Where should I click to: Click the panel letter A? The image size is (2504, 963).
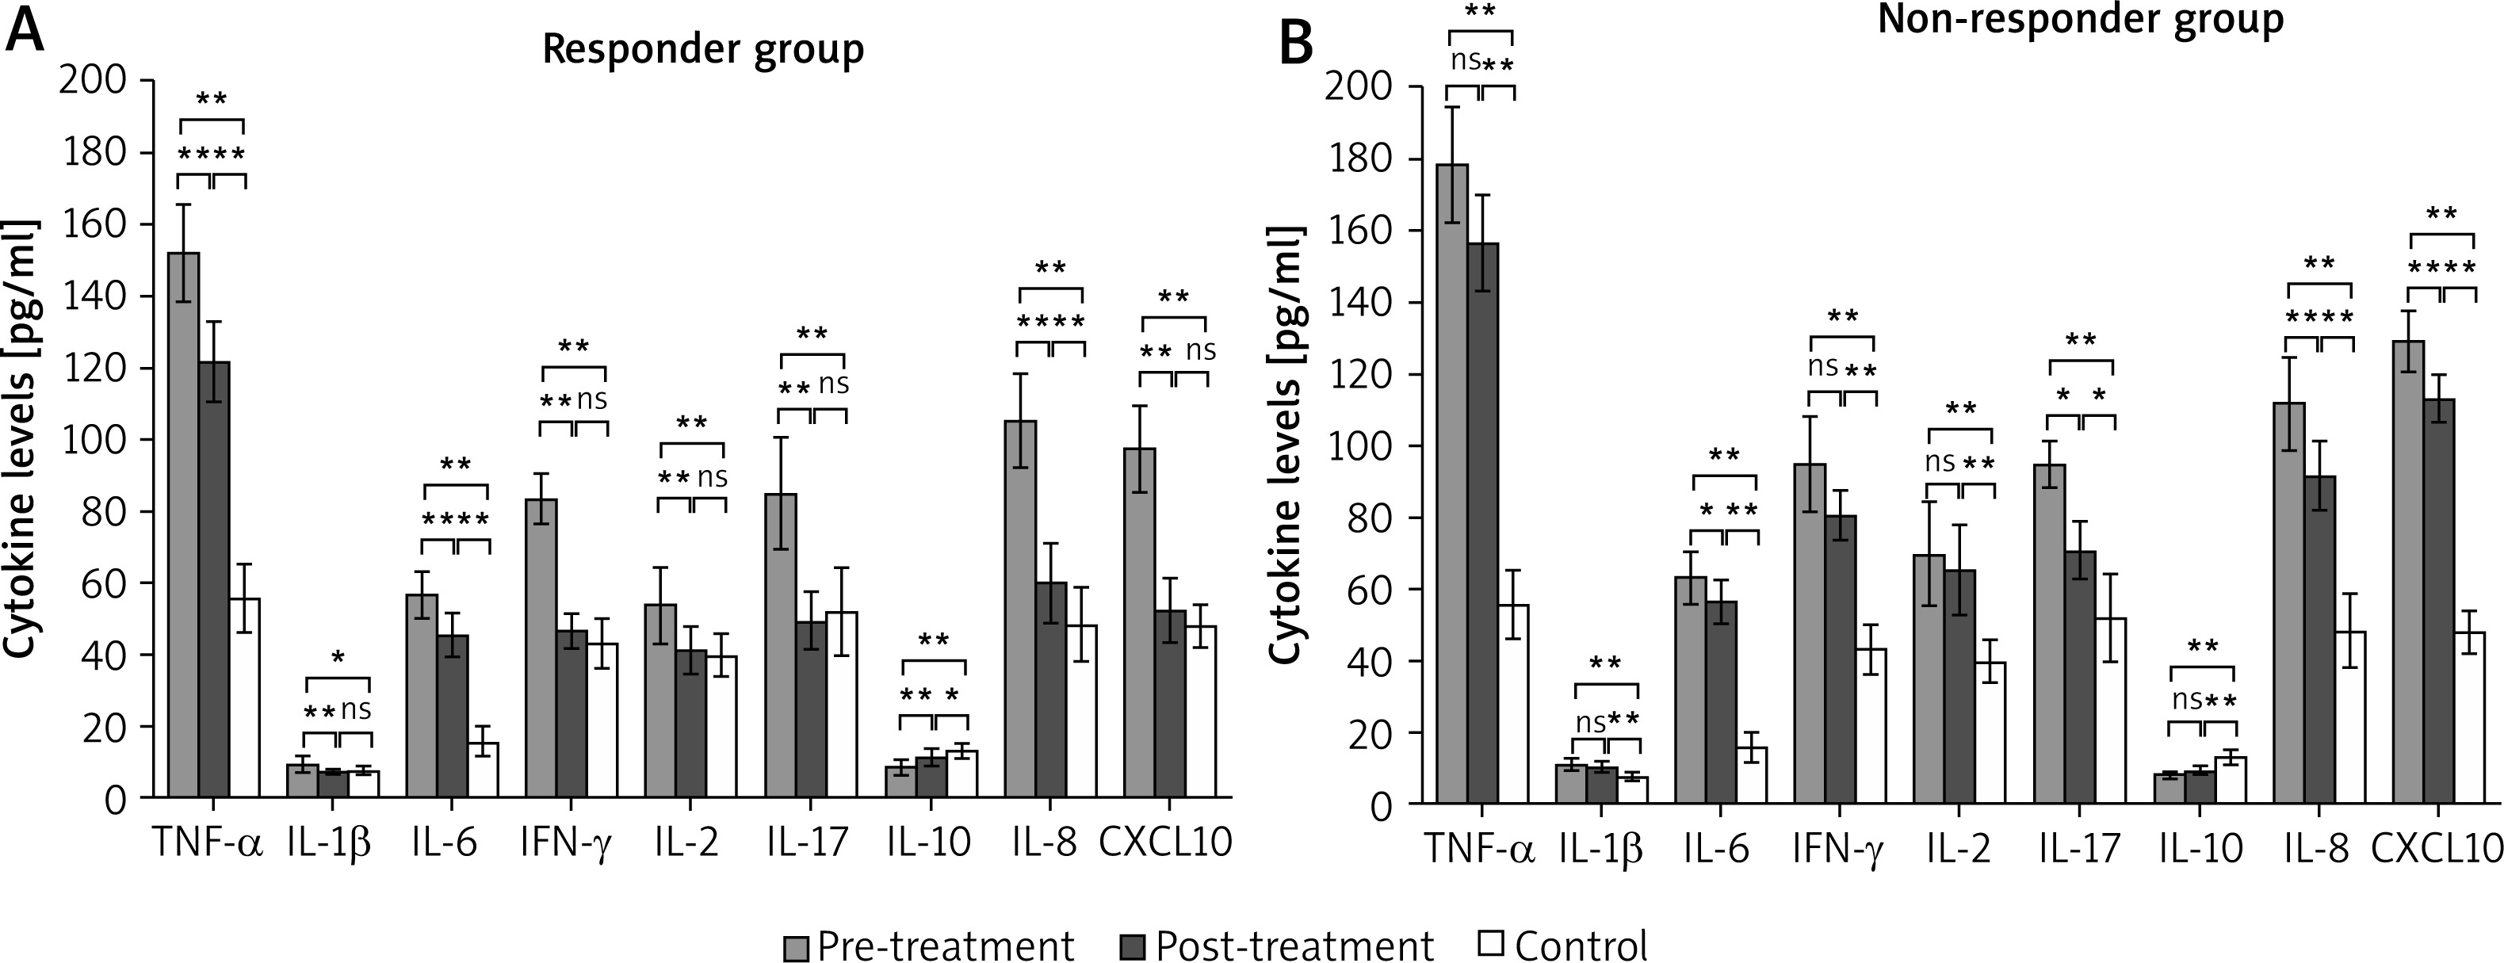[26, 31]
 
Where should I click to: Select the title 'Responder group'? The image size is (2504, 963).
[703, 48]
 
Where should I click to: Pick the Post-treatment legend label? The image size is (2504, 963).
[1294, 946]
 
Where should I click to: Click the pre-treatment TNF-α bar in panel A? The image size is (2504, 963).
[184, 525]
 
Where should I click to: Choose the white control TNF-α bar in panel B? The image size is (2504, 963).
[1513, 704]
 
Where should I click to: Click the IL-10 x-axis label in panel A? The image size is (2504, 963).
[928, 843]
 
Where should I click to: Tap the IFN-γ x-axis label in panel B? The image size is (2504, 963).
[1838, 848]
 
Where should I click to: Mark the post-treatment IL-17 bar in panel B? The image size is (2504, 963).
[2080, 678]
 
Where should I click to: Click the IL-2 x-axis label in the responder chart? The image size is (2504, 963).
[686, 843]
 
